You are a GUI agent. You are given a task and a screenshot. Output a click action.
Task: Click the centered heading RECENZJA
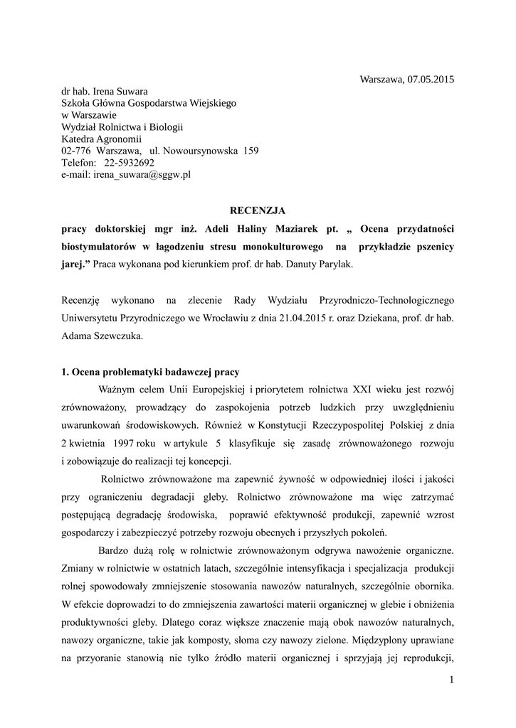[x=257, y=210]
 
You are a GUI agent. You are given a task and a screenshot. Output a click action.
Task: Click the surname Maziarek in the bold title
[x=292, y=229]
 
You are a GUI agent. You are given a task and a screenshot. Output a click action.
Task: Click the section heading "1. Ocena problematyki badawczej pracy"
[x=150, y=372]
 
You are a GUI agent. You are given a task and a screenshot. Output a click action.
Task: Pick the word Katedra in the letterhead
[x=78, y=139]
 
